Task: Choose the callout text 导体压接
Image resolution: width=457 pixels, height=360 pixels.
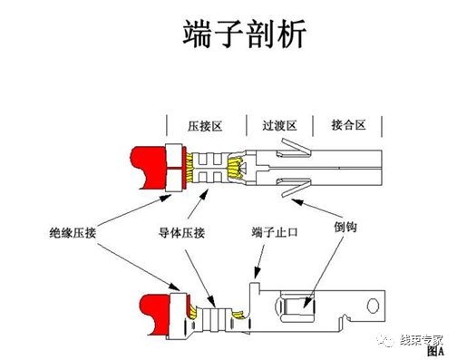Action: tap(184, 232)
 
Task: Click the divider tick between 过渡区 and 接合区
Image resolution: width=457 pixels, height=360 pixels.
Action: tap(312, 124)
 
